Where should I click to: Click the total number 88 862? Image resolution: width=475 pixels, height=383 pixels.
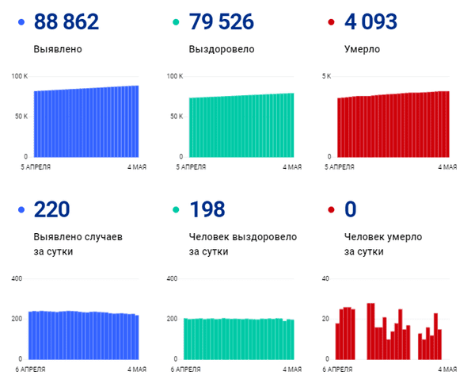66,22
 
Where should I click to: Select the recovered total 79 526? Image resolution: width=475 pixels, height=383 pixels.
222,22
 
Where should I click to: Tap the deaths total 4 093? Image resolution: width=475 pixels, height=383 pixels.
370,22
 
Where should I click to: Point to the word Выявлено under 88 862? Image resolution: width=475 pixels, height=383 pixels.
58,49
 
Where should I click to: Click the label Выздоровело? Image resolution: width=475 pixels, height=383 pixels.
222,49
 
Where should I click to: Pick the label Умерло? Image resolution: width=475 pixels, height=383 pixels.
362,49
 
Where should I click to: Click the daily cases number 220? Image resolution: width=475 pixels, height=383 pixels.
51,209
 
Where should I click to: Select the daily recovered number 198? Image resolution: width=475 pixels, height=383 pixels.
207,209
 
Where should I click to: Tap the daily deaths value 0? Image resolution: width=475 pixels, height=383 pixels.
350,209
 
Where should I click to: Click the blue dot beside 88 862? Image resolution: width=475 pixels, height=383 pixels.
21,22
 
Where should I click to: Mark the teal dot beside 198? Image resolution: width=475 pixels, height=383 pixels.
176,209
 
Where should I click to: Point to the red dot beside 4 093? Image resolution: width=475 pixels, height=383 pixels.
331,22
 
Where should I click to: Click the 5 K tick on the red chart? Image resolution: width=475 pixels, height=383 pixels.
326,76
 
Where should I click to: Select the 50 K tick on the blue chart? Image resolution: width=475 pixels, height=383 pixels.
21,117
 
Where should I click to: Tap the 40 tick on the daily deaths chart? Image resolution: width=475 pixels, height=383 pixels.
325,278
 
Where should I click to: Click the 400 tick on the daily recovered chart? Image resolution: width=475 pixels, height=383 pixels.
172,278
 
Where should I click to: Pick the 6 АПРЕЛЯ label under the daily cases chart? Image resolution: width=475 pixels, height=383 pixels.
30,370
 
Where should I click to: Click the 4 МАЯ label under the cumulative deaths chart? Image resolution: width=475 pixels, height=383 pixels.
447,167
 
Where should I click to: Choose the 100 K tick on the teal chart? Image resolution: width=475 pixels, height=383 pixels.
175,76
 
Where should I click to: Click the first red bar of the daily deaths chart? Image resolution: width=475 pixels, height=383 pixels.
337,342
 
